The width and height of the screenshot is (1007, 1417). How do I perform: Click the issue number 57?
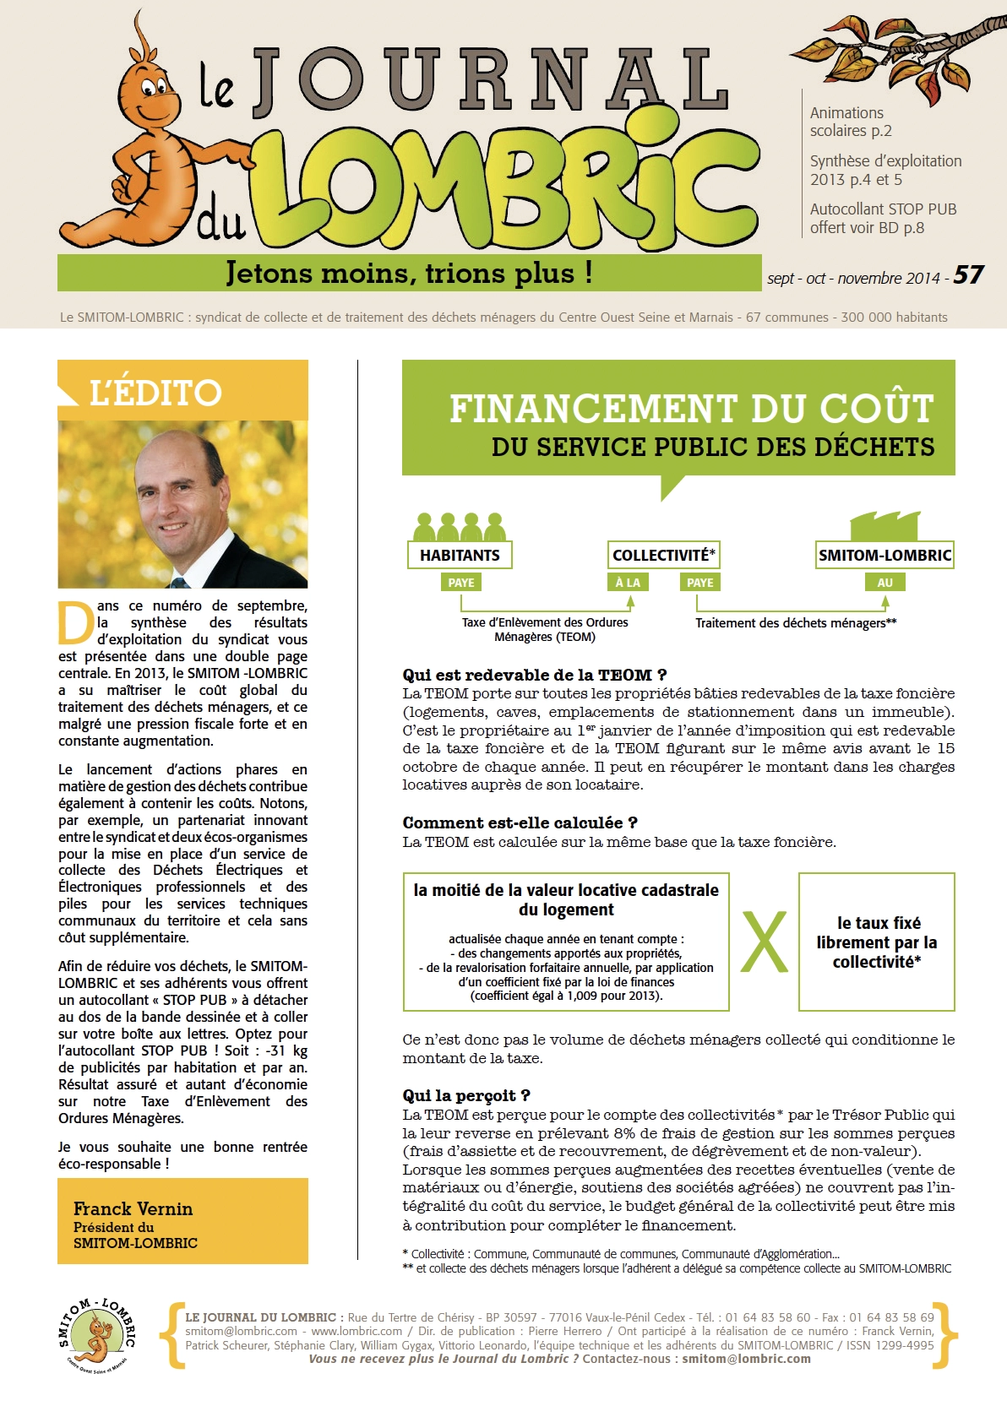click(x=968, y=275)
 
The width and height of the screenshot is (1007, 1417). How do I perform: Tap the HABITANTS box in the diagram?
click(x=460, y=555)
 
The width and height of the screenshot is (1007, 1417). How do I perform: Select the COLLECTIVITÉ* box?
click(x=663, y=555)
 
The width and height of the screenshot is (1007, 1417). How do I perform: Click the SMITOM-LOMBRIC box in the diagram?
click(x=885, y=555)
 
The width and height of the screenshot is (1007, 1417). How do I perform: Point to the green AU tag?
click(x=885, y=583)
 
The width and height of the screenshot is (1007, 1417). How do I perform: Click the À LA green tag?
click(x=628, y=583)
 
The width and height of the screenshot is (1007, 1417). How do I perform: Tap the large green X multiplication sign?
click(x=764, y=942)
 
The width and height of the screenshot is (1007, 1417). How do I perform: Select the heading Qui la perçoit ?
click(x=466, y=1095)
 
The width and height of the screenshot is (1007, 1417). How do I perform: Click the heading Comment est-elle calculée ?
click(x=520, y=823)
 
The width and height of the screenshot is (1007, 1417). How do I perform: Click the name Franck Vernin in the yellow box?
click(x=133, y=1208)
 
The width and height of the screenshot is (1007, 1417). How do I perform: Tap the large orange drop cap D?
click(x=75, y=622)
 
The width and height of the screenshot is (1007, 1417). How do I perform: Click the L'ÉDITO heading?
click(x=155, y=393)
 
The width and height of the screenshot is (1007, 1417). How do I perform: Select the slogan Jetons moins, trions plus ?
click(x=409, y=273)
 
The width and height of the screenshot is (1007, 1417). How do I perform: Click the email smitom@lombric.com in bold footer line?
click(x=746, y=1359)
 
